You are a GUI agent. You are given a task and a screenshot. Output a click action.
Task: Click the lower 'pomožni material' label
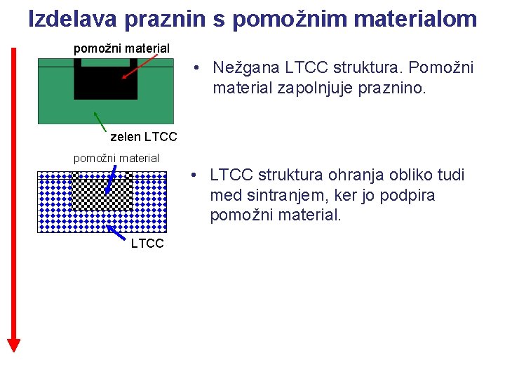116,158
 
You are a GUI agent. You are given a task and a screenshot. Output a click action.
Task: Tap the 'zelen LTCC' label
144,135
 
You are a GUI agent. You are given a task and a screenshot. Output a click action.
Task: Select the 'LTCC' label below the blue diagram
147,244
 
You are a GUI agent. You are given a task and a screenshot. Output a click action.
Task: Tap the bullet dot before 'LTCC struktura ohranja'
199,175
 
